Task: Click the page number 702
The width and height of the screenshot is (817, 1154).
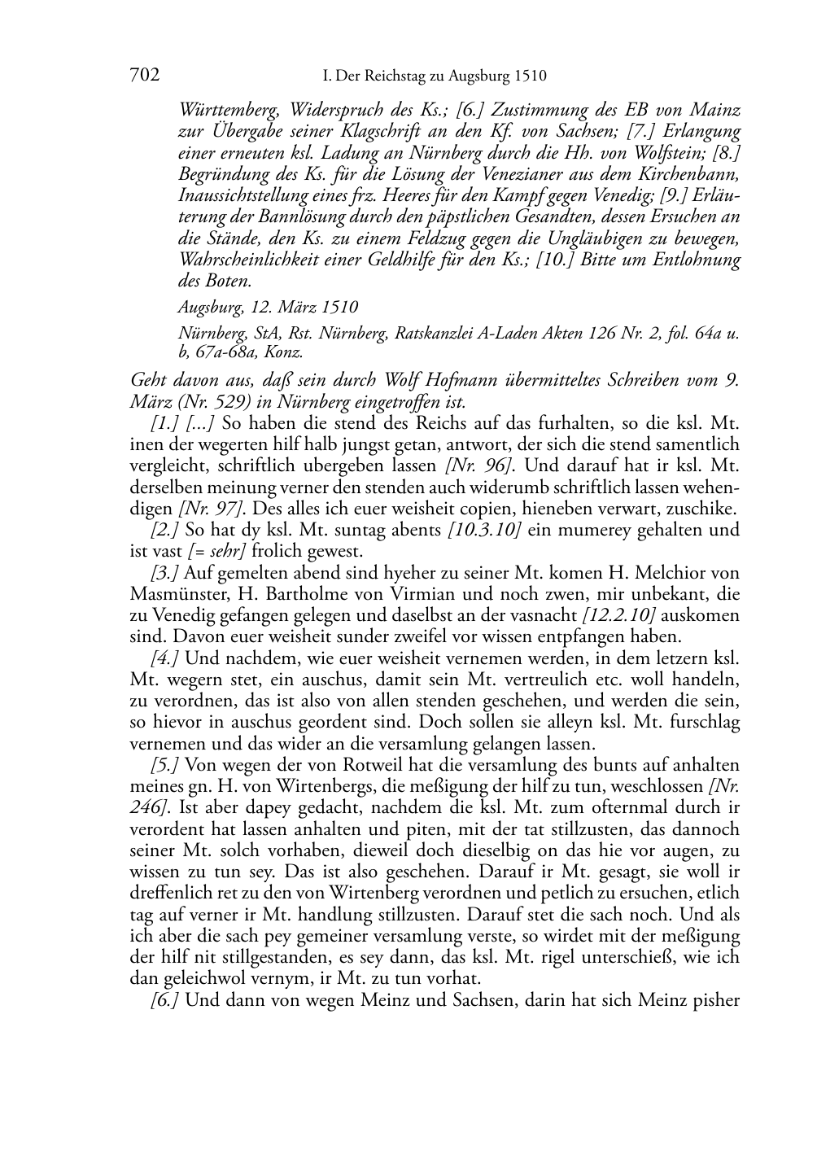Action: coord(144,76)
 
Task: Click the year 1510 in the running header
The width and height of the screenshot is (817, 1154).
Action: coord(530,76)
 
